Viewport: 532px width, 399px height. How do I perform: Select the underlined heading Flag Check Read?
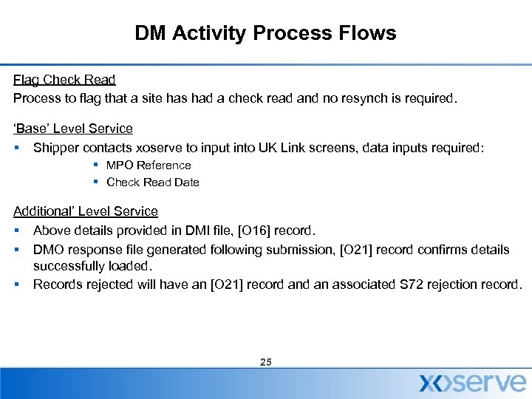64,79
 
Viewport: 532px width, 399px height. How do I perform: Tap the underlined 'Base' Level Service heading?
73,128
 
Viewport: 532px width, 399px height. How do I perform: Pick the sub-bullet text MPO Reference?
149,166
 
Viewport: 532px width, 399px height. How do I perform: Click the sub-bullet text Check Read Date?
153,182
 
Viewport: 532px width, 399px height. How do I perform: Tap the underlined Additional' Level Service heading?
86,211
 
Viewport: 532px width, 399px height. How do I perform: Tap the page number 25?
266,362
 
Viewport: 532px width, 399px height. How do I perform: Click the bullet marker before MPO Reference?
96,166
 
